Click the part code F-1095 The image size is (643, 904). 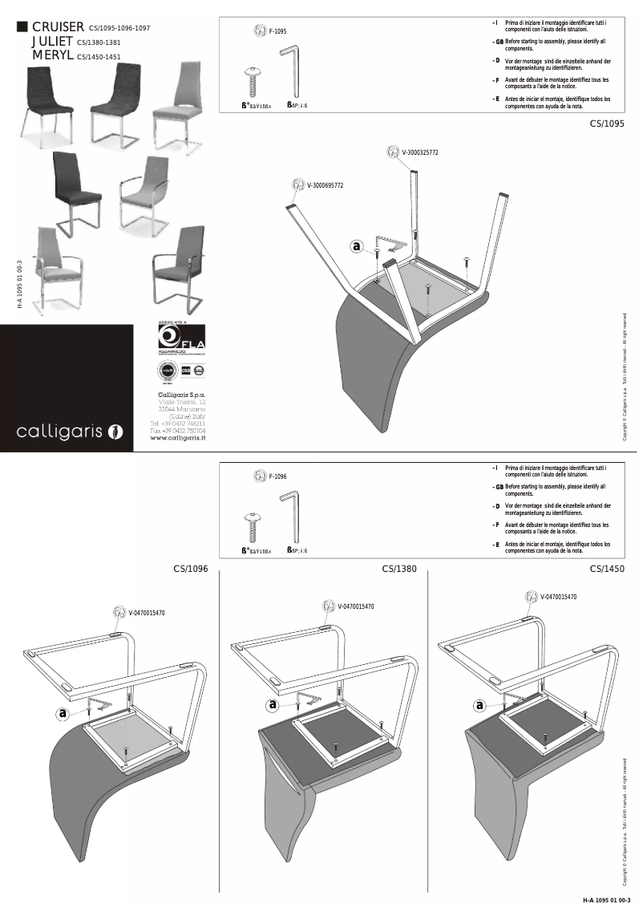[277, 31]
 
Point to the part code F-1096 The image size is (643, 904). [277, 476]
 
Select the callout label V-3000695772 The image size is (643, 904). [325, 185]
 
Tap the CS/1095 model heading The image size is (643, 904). [607, 124]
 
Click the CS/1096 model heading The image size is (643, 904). [191, 570]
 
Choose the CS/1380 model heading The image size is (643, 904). [399, 570]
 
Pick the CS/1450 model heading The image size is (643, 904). [607, 570]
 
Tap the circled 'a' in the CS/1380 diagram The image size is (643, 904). [273, 705]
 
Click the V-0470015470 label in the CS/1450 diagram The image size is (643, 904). [558, 597]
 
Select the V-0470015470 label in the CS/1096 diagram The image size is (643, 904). [146, 613]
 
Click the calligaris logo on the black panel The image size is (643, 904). [71, 432]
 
